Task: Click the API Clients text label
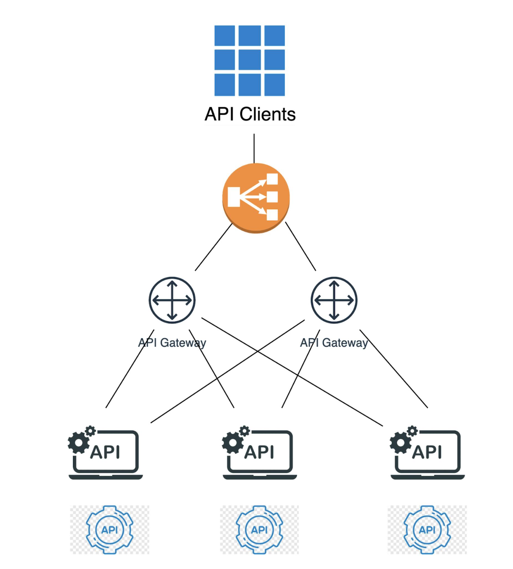[x=250, y=114]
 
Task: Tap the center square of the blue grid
[x=249, y=60]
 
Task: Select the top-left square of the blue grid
[x=225, y=36]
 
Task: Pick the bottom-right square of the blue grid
[x=275, y=85]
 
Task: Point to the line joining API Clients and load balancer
[x=254, y=148]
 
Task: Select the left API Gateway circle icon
[x=172, y=300]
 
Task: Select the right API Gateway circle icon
[x=334, y=300]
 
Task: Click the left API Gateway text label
[x=172, y=343]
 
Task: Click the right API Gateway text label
[x=334, y=343]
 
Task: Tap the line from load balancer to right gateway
[x=300, y=246]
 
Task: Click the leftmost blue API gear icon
[x=109, y=530]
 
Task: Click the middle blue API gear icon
[x=259, y=530]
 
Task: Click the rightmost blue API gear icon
[x=427, y=530]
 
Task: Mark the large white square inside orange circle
[x=234, y=197]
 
